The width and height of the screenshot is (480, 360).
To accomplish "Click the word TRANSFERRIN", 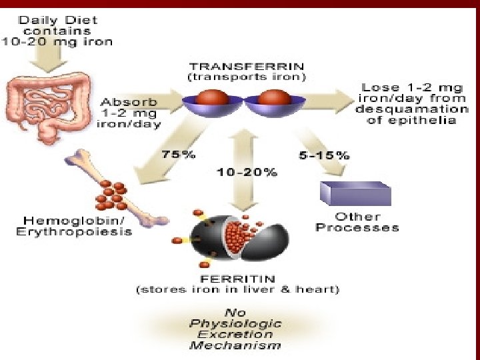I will tap(247, 66).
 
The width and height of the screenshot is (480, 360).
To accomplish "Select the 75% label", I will tap(178, 155).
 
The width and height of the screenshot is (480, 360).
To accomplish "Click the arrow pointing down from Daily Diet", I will tap(46, 59).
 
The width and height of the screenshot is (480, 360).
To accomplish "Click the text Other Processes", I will tap(357, 222).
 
